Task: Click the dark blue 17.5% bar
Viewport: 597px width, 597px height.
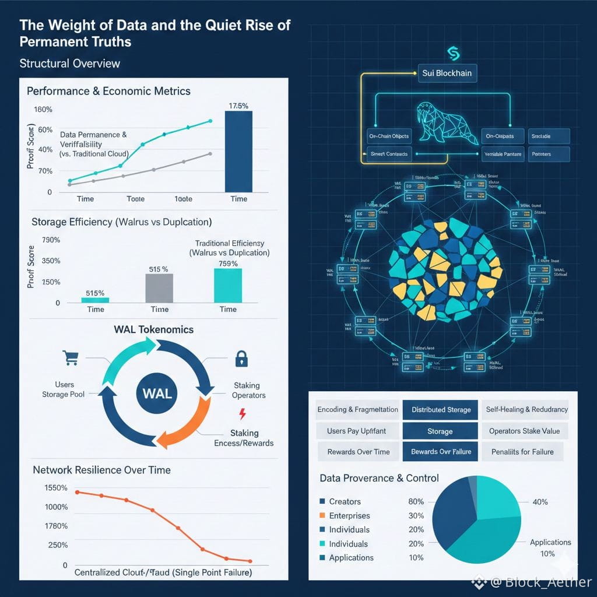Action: click(238, 152)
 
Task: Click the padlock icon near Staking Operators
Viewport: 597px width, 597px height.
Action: click(240, 359)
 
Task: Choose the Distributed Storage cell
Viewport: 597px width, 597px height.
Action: click(441, 410)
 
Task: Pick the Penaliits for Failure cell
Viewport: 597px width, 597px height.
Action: click(522, 452)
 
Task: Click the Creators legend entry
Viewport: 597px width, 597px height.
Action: click(345, 501)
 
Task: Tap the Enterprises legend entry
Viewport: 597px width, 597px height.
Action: click(349, 515)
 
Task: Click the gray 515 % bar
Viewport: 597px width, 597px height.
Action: click(159, 287)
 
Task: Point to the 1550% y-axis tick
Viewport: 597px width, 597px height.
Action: click(56, 487)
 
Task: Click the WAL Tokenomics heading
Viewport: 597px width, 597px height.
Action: click(154, 329)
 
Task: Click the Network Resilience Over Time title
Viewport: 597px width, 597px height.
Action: click(101, 470)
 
